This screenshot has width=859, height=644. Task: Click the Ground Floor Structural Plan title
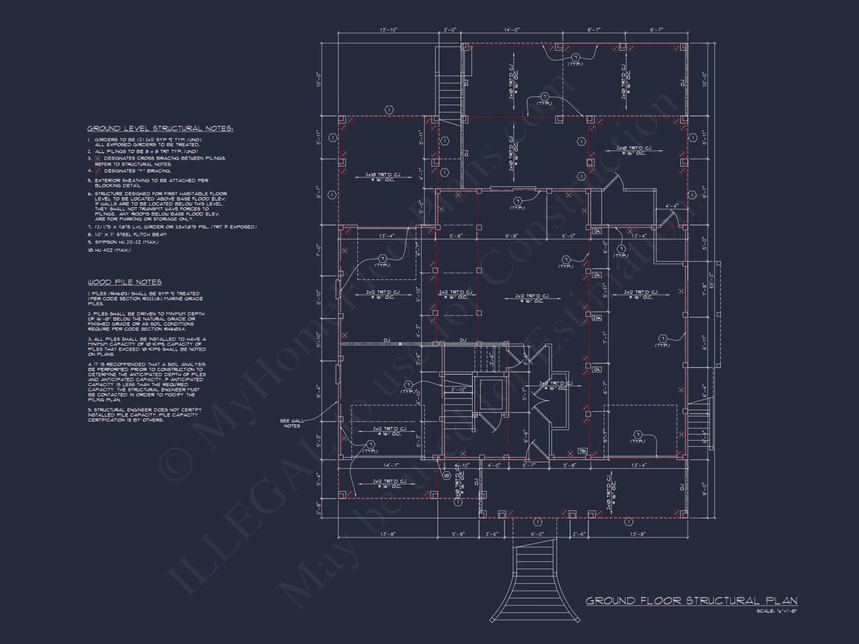pos(691,600)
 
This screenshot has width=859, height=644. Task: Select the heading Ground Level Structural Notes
pos(160,128)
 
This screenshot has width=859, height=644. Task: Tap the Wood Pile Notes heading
pos(125,282)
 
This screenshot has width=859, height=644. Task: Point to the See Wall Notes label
pos(292,423)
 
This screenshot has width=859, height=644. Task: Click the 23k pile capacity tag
pos(597,318)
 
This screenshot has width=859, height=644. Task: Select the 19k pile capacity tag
pos(582,451)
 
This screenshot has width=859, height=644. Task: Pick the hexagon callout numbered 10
pos(446,475)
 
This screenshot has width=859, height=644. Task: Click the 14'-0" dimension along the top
pos(512,30)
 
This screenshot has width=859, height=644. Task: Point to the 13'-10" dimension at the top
pos(389,30)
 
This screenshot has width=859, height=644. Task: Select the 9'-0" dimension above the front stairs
pos(537,534)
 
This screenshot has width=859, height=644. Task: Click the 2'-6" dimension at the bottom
pos(579,534)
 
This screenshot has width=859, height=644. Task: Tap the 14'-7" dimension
pos(391,465)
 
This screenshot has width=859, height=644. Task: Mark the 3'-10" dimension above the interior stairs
pos(458,390)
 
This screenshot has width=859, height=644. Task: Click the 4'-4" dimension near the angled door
pos(671,206)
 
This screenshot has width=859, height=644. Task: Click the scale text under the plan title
pos(777,611)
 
